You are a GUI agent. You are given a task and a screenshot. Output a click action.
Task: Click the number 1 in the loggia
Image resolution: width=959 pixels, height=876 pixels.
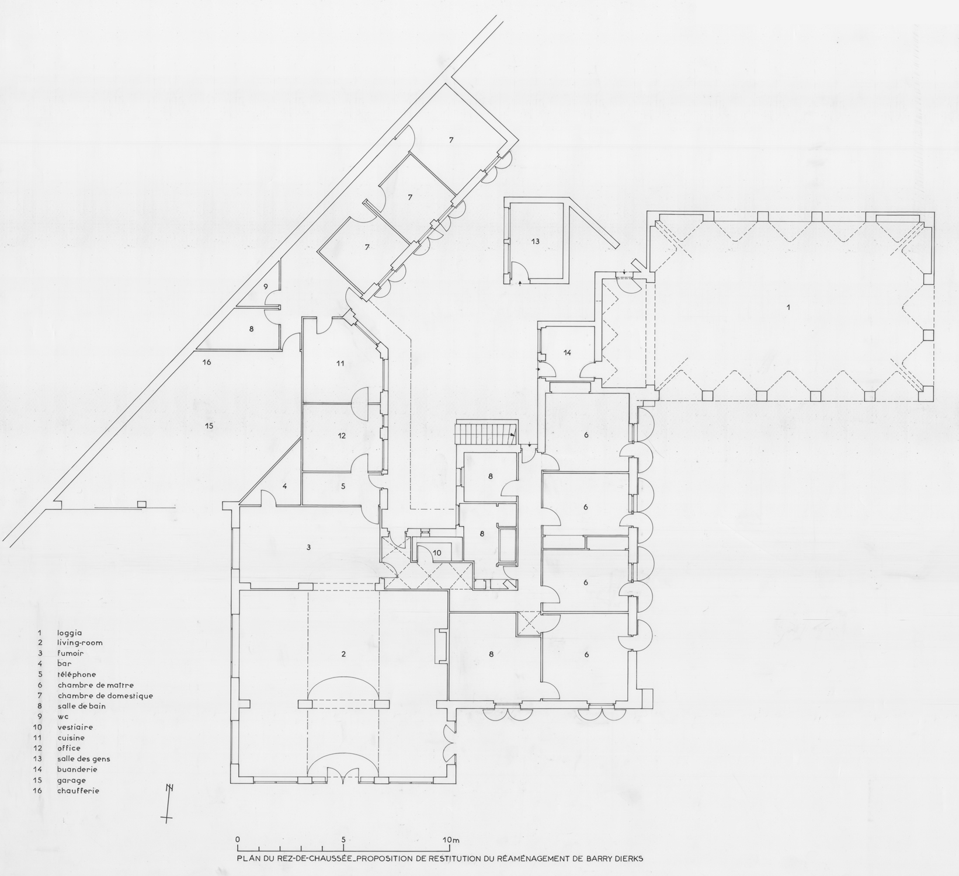click(x=789, y=307)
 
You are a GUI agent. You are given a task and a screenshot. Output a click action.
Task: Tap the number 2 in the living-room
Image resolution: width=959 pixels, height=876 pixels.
click(x=343, y=655)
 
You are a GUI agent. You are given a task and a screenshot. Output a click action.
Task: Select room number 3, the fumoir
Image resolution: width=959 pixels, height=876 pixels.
click(x=308, y=547)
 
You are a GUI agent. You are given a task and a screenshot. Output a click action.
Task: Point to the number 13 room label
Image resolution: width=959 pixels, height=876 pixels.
click(x=535, y=241)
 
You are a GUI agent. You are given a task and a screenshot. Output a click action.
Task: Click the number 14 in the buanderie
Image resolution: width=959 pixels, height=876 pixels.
click(x=567, y=353)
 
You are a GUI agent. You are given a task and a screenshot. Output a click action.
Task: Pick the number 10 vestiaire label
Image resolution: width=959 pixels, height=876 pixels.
click(x=437, y=552)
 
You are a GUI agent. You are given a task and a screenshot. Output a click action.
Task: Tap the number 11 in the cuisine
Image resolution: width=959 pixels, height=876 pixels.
click(x=340, y=363)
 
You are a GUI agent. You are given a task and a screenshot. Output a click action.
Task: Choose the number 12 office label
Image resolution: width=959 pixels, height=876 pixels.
click(x=342, y=436)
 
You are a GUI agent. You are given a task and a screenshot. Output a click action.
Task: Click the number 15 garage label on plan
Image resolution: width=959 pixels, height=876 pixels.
click(x=209, y=426)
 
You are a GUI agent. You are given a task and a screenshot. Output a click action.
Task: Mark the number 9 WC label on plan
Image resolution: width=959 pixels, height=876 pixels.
click(x=265, y=286)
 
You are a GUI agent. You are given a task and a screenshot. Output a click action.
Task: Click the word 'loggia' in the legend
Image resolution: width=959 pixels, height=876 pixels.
click(x=70, y=632)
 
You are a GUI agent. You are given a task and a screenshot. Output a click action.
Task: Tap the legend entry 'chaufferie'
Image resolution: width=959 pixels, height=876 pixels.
click(x=78, y=791)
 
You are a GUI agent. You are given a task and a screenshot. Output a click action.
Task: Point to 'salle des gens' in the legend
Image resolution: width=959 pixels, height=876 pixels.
click(x=84, y=759)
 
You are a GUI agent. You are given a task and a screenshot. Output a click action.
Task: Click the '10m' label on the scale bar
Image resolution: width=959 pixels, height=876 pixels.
click(x=451, y=840)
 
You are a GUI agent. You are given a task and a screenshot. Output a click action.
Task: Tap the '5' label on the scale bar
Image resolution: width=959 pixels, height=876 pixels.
click(x=344, y=840)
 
